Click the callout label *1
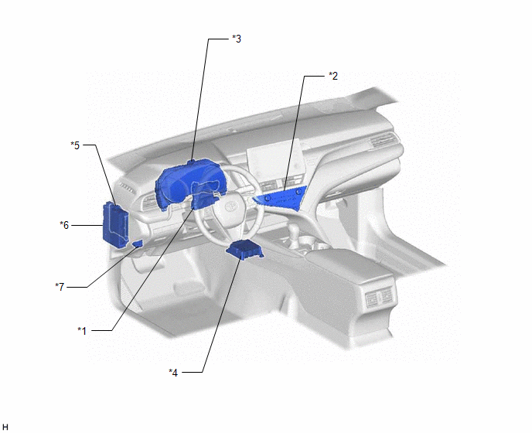click(x=82, y=330)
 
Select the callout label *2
click(x=333, y=76)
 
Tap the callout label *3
click(x=237, y=39)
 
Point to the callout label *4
click(x=173, y=373)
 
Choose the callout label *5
click(x=75, y=145)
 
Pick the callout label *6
click(x=64, y=225)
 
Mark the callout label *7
click(x=60, y=287)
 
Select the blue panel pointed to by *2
click(x=282, y=199)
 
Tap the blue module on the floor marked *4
click(x=245, y=250)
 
